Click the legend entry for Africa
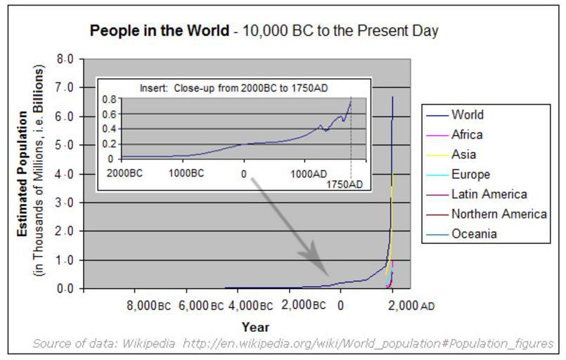(x=467, y=134)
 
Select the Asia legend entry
(x=463, y=154)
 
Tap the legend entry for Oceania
(x=474, y=234)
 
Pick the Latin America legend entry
(x=489, y=194)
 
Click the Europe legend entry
(x=470, y=174)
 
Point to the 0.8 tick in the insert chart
(x=108, y=99)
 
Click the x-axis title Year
(x=255, y=327)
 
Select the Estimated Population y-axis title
(x=23, y=169)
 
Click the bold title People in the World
(x=160, y=31)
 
